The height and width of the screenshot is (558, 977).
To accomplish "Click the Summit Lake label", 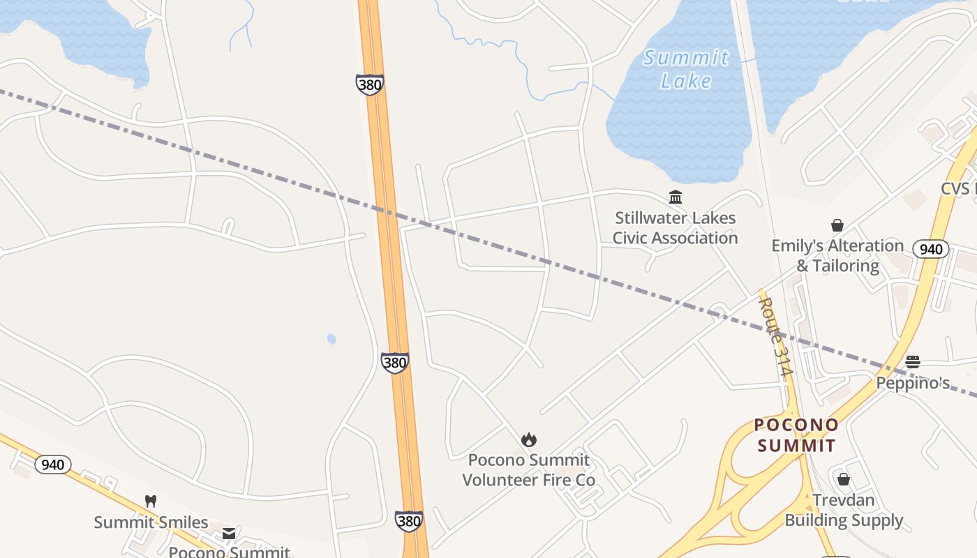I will pos(686,69).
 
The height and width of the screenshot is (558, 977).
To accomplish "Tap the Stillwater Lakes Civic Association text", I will pos(675,228).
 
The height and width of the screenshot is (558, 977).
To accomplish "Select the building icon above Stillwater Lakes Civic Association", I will pos(675,197).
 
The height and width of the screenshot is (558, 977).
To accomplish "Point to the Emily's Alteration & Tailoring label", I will pos(837,255).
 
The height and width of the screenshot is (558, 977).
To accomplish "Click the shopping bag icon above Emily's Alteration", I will pos(837,225).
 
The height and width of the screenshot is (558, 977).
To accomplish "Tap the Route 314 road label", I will pos(777,337).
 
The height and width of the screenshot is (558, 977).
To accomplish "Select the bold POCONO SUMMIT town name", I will pos(796,435).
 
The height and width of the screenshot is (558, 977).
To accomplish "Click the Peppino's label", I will pos(913,383).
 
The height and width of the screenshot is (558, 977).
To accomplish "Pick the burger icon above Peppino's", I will pos(912,361).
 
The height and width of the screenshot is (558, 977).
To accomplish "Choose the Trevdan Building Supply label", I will pos(844,510).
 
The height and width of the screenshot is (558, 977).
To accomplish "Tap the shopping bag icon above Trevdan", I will pos(843,479).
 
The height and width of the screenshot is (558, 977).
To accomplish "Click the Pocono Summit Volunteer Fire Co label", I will pos(529,470).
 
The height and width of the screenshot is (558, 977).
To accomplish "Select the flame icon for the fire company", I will pos(529,439).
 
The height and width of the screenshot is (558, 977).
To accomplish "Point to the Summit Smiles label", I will pos(151,522).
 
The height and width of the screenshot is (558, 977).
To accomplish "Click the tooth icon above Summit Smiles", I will pos(150,501).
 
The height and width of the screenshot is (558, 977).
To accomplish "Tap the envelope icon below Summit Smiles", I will pos(228,534).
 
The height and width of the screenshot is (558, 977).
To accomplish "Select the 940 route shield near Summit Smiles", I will pos(53,465).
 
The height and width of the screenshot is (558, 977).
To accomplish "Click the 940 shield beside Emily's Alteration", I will pos(930,249).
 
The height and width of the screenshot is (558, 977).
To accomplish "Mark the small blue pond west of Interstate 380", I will pos(331,339).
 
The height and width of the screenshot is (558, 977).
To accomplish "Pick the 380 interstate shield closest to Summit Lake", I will pos(369,85).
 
